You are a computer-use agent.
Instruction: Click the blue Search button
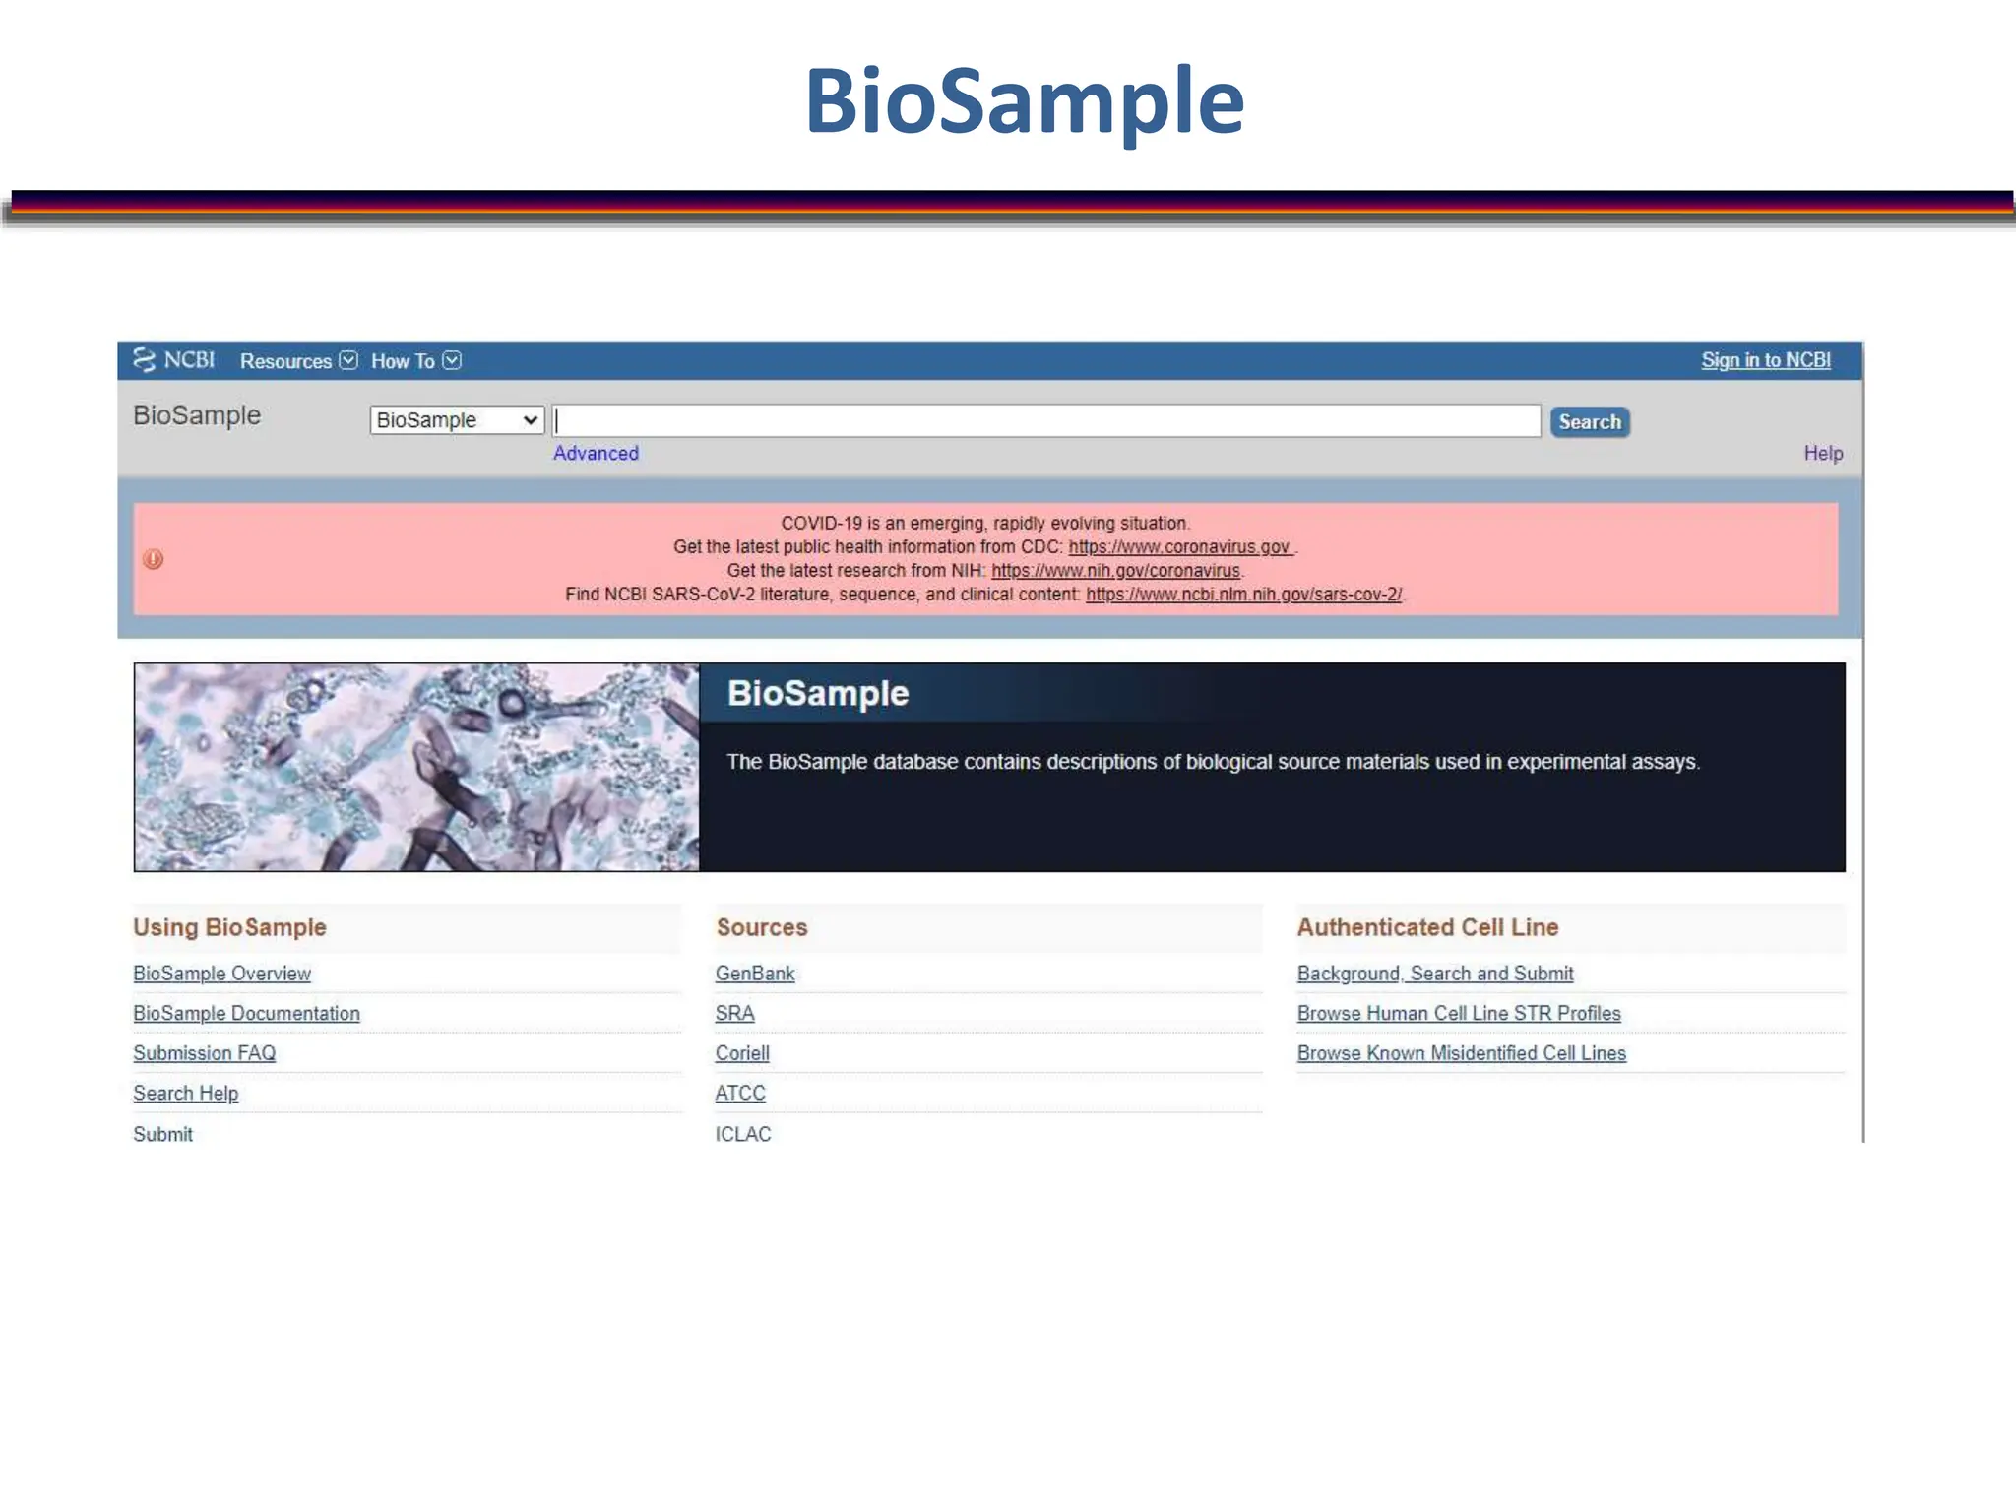[x=1589, y=422]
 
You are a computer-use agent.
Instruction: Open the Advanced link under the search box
[x=596, y=453]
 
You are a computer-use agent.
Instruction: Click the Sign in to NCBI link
[x=1765, y=360]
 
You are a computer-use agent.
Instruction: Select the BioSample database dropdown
[x=457, y=420]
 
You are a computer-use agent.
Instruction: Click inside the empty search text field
[x=1046, y=421]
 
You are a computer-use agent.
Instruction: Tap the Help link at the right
[x=1822, y=453]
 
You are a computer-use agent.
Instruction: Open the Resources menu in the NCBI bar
[x=297, y=361]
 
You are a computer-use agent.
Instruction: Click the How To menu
[x=414, y=361]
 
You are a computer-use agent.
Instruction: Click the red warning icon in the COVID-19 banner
[x=154, y=559]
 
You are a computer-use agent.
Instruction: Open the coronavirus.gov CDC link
[x=1178, y=547]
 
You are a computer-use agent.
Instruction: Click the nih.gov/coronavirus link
[x=1115, y=571]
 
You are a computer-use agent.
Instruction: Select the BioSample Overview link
[x=221, y=974]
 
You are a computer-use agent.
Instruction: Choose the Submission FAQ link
[x=204, y=1053]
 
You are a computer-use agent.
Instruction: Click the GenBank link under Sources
[x=754, y=974]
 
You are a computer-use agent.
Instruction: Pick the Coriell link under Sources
[x=742, y=1053]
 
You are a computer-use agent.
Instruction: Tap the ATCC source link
[x=739, y=1093]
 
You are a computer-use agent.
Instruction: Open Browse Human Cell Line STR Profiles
[x=1458, y=1013]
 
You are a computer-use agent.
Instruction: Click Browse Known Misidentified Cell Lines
[x=1461, y=1053]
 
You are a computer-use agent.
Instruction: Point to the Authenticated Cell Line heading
[x=1427, y=927]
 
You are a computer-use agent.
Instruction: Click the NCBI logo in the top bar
[x=174, y=360]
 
